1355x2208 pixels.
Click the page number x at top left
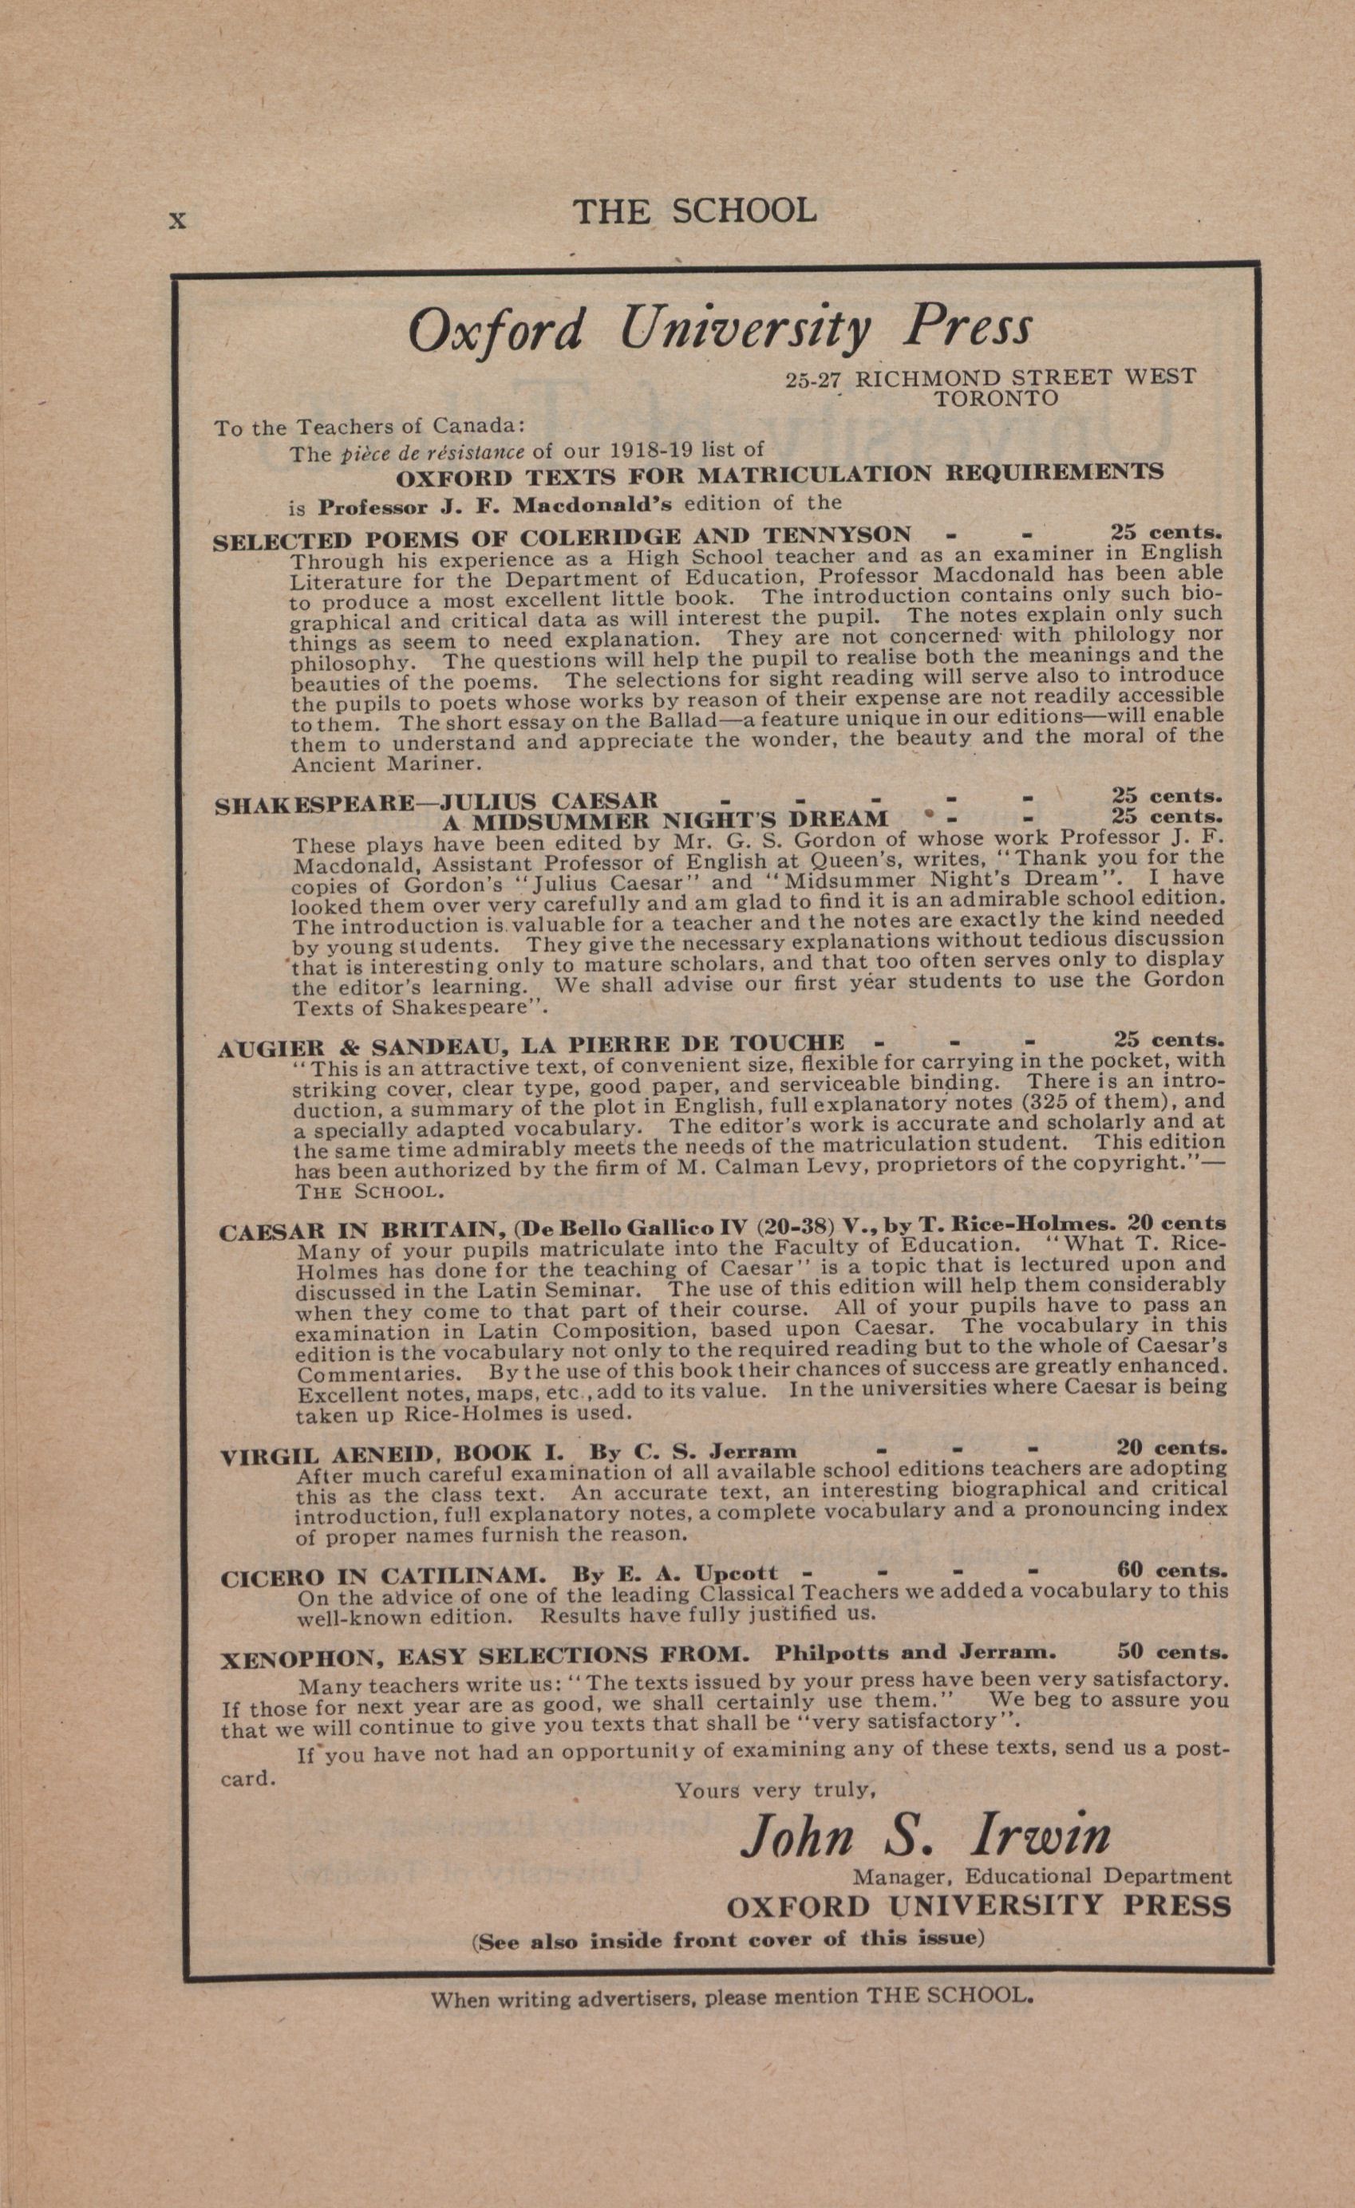(x=177, y=219)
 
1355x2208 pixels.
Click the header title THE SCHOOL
(x=694, y=211)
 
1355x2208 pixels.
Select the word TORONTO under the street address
(x=997, y=398)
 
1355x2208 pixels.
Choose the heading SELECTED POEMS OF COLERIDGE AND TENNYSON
(x=562, y=538)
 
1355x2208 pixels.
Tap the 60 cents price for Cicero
(x=1172, y=1570)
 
